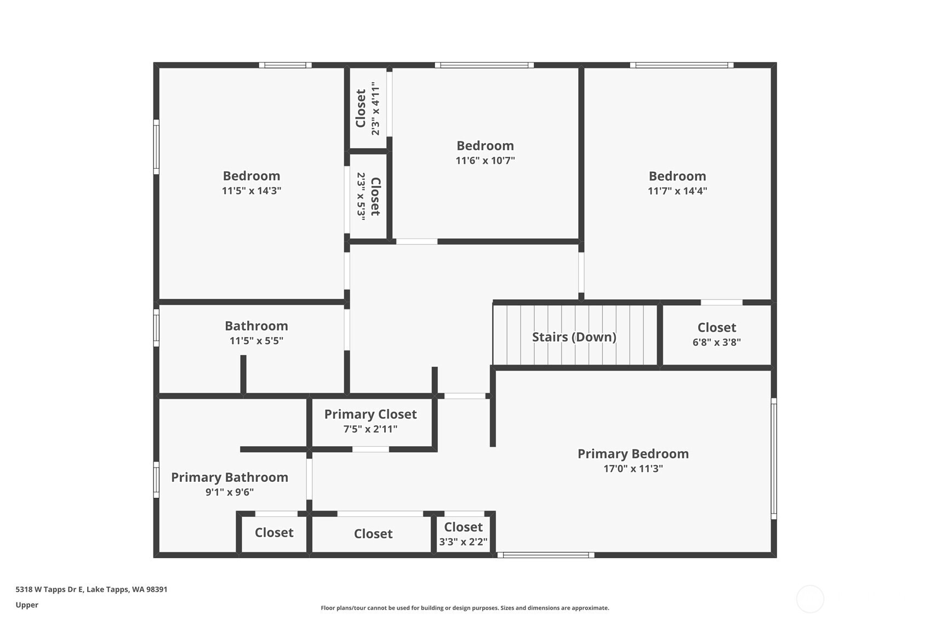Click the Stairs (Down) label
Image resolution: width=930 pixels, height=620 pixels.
(574, 337)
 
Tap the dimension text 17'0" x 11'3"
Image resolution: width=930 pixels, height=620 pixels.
(633, 468)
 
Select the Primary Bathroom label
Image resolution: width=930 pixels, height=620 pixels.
(230, 477)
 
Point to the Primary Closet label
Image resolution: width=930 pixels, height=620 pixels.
(370, 414)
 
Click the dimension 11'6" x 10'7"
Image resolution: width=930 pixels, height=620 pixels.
(485, 160)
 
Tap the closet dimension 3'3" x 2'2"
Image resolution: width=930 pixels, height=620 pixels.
(463, 542)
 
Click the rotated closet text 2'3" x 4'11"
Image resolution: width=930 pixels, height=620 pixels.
(375, 109)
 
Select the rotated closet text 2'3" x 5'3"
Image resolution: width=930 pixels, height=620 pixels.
(361, 196)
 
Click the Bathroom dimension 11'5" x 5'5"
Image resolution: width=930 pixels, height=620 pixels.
(256, 340)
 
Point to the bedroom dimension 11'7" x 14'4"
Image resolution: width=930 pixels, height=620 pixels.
(677, 191)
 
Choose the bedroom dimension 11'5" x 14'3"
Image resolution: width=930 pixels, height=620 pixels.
(251, 191)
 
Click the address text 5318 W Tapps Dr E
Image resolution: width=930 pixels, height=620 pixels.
(49, 589)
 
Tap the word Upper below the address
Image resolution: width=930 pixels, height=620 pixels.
(27, 605)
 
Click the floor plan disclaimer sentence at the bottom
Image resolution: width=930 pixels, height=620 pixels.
(465, 608)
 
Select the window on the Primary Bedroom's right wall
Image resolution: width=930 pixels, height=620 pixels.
(774, 458)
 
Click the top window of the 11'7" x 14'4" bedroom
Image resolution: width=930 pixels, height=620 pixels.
(681, 65)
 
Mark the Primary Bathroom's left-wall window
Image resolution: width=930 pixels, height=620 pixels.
(157, 480)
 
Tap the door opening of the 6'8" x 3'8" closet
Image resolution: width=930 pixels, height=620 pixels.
(722, 302)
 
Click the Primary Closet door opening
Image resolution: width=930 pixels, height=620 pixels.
(371, 450)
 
